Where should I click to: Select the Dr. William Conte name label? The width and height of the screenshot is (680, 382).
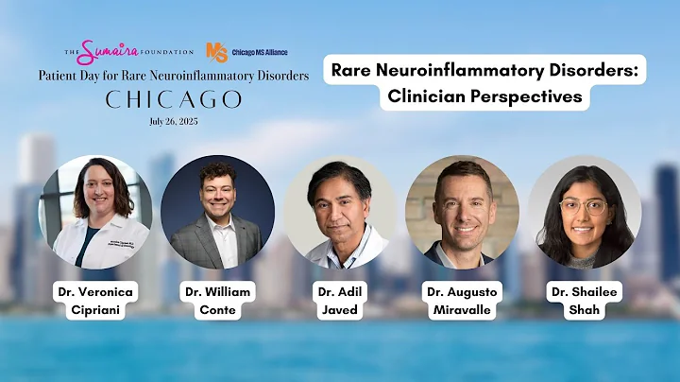tap(216, 302)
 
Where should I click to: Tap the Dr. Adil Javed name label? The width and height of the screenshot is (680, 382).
tap(339, 302)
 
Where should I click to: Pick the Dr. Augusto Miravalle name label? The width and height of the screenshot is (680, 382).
tap(463, 302)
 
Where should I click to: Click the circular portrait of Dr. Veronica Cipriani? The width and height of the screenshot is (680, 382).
tap(94, 213)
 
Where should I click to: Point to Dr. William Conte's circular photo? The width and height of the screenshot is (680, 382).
tap(217, 213)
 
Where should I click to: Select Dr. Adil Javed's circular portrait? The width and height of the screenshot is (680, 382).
tap(340, 213)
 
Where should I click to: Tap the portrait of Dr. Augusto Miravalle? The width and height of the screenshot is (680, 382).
tap(463, 213)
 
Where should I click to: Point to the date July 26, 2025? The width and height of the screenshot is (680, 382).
tap(174, 121)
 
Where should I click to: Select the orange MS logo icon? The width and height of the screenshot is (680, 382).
tap(216, 52)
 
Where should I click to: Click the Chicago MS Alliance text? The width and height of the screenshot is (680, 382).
tap(259, 52)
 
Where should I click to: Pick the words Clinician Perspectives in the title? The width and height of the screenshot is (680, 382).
tap(487, 95)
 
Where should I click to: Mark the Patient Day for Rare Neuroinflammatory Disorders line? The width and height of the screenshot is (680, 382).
tap(174, 76)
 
